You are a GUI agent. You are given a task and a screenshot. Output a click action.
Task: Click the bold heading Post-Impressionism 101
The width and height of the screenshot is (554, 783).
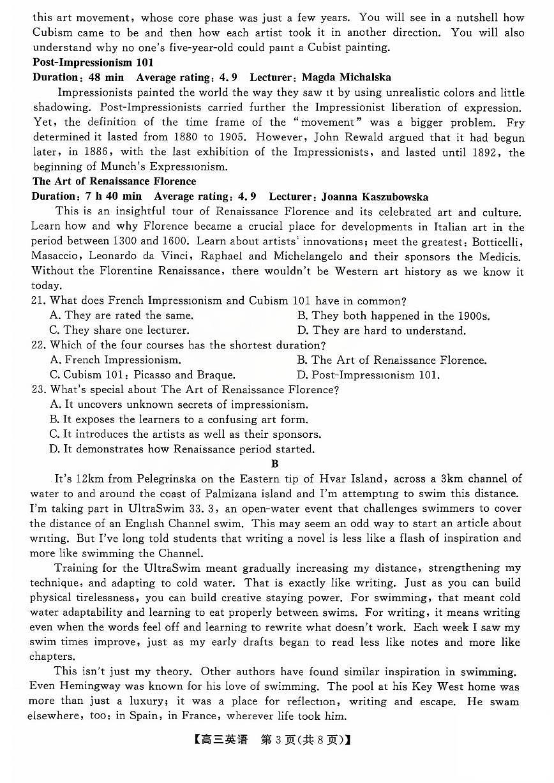click(93, 63)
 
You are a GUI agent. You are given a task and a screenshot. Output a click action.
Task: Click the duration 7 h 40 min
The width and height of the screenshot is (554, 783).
click(115, 197)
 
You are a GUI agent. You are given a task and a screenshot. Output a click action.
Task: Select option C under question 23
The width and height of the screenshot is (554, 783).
click(185, 435)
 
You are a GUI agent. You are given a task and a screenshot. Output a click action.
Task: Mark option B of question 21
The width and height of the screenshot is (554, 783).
click(393, 316)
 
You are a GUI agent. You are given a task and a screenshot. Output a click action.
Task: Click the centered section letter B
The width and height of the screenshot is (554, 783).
click(275, 465)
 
